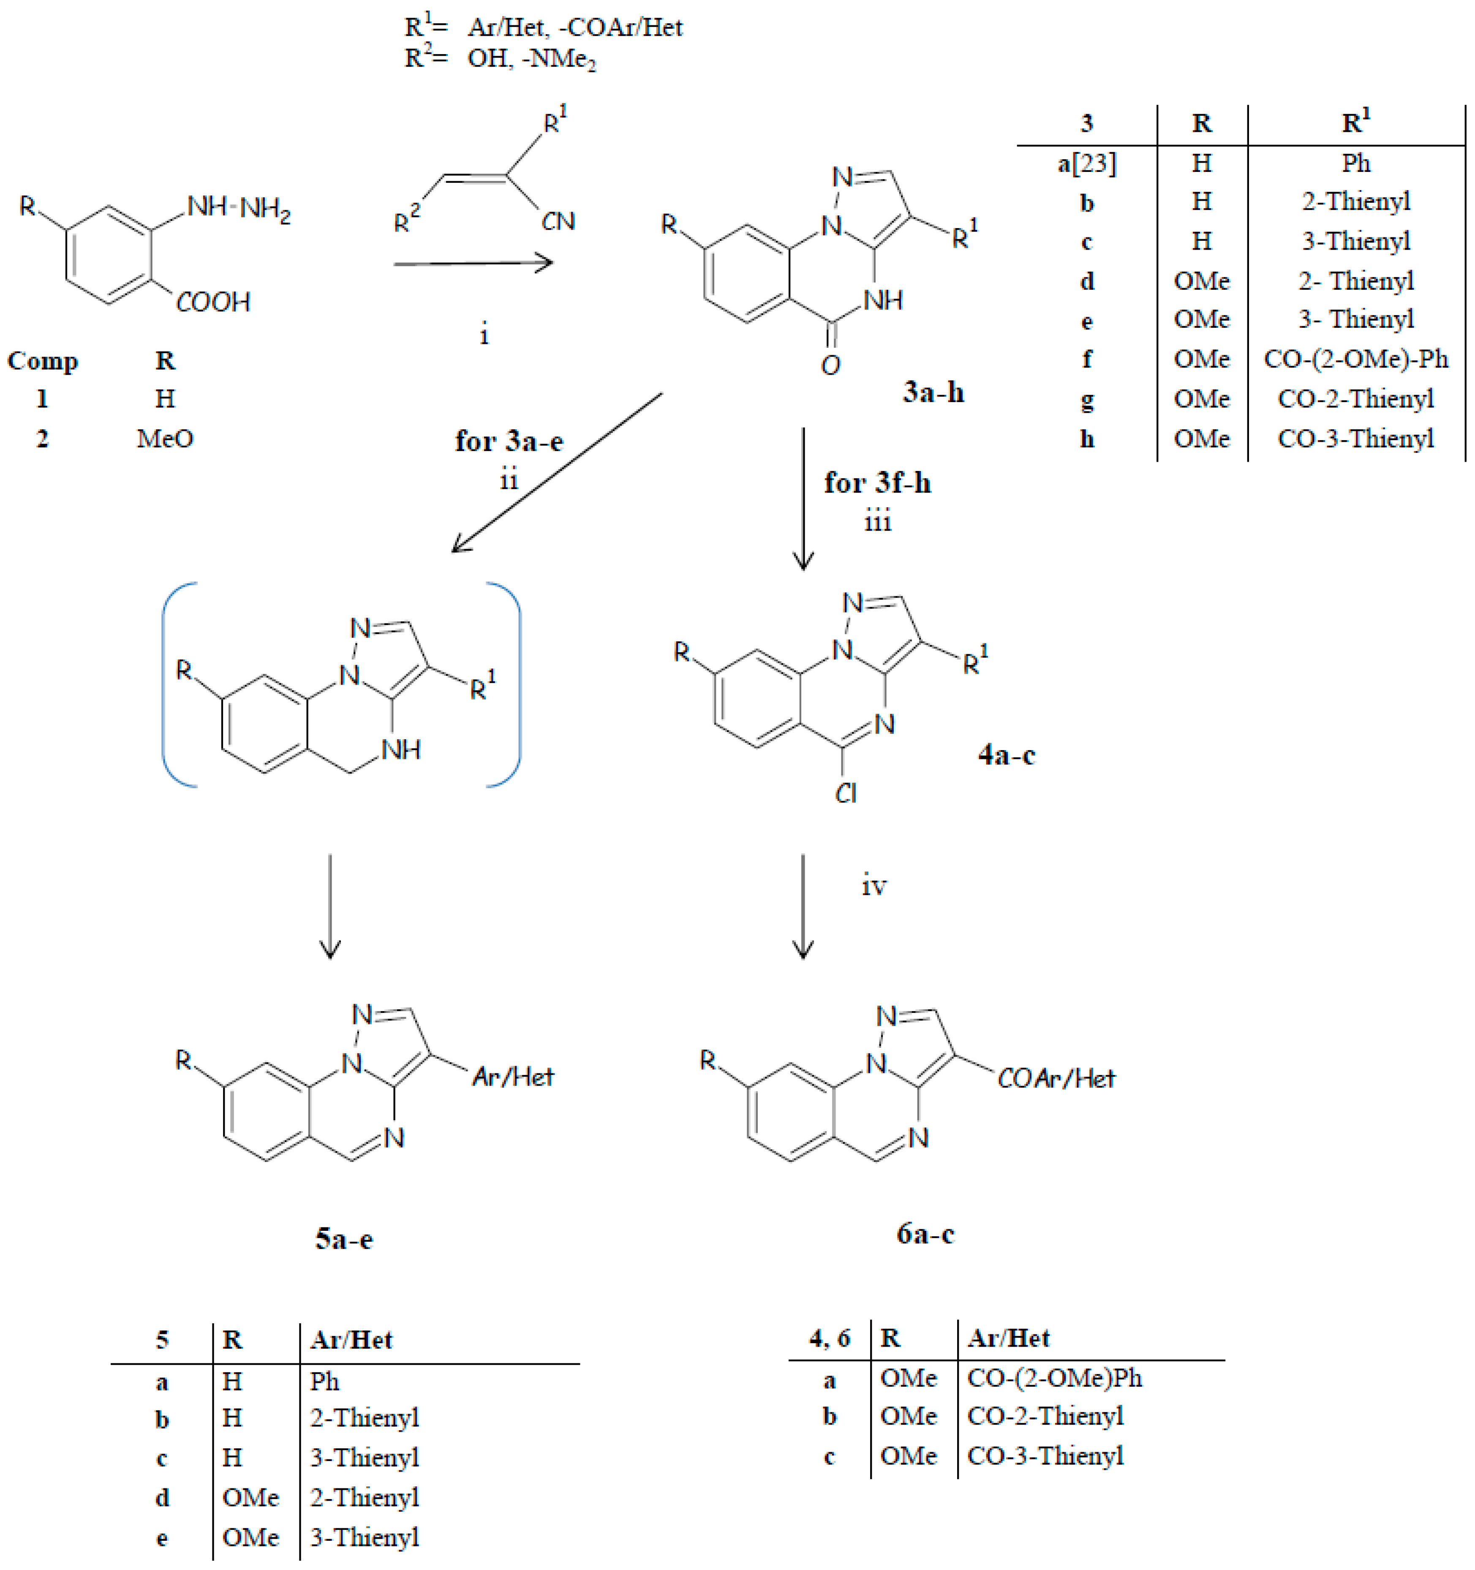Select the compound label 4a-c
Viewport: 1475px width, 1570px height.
click(x=1006, y=755)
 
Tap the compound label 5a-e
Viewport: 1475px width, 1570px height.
click(x=343, y=1238)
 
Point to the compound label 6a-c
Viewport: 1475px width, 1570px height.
click(x=925, y=1233)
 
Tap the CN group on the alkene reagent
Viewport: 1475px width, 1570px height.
click(x=558, y=222)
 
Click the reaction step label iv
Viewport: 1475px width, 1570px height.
click(x=874, y=886)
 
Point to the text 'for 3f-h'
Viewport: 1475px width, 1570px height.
click(x=877, y=482)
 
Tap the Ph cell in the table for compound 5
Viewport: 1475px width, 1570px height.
click(x=324, y=1381)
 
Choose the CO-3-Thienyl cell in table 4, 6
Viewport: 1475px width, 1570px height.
click(x=1045, y=1456)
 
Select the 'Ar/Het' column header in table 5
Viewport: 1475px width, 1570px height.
click(x=351, y=1339)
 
